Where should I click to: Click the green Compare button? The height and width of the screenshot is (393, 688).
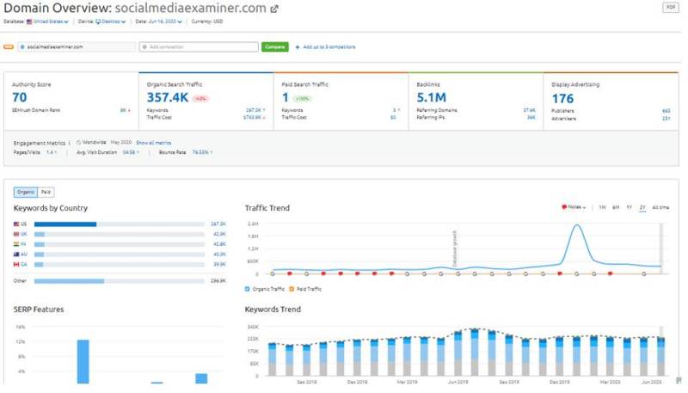(x=274, y=46)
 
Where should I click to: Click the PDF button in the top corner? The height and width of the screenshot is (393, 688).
(x=671, y=7)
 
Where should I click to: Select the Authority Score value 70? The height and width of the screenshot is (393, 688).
(x=20, y=97)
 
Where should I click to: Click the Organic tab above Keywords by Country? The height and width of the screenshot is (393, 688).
(x=26, y=193)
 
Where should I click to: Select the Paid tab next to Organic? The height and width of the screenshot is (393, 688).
(x=46, y=193)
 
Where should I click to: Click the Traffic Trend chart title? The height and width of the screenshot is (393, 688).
(x=267, y=208)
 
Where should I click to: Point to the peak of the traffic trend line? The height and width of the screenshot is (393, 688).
(x=577, y=225)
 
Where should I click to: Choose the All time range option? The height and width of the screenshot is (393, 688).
(x=660, y=207)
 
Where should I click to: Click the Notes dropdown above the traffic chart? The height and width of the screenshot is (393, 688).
(x=574, y=207)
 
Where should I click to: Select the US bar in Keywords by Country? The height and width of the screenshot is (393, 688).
(x=65, y=224)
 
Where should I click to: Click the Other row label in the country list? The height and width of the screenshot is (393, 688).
(x=20, y=280)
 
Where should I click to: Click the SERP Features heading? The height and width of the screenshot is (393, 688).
(x=39, y=310)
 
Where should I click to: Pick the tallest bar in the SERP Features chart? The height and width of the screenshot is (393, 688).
(x=83, y=361)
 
